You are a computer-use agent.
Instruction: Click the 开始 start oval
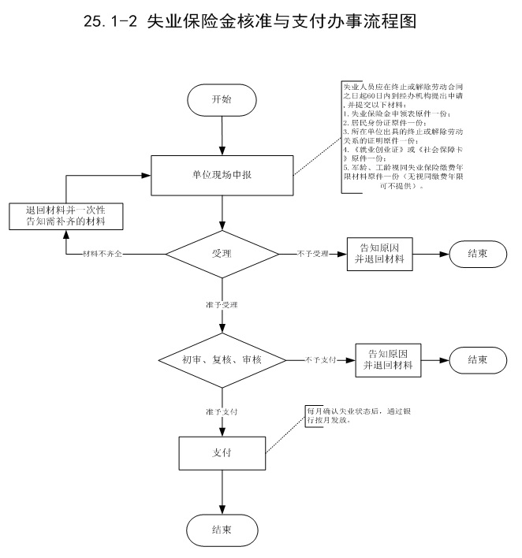point(222,99)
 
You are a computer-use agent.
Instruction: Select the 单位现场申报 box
point(222,173)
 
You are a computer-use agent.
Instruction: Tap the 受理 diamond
point(222,254)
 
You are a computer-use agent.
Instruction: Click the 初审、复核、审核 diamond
point(222,359)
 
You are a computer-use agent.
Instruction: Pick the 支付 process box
point(222,454)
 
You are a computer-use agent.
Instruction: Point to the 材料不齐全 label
point(106,255)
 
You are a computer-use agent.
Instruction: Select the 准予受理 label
point(222,303)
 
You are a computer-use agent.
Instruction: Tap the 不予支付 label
point(322,360)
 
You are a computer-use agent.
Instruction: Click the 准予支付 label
point(222,411)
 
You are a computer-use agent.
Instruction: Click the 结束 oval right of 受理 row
point(477,254)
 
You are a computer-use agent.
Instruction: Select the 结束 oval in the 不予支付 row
point(477,359)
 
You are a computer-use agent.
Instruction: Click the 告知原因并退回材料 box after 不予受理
point(381,254)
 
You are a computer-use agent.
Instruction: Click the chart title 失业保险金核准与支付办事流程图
point(293,23)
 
